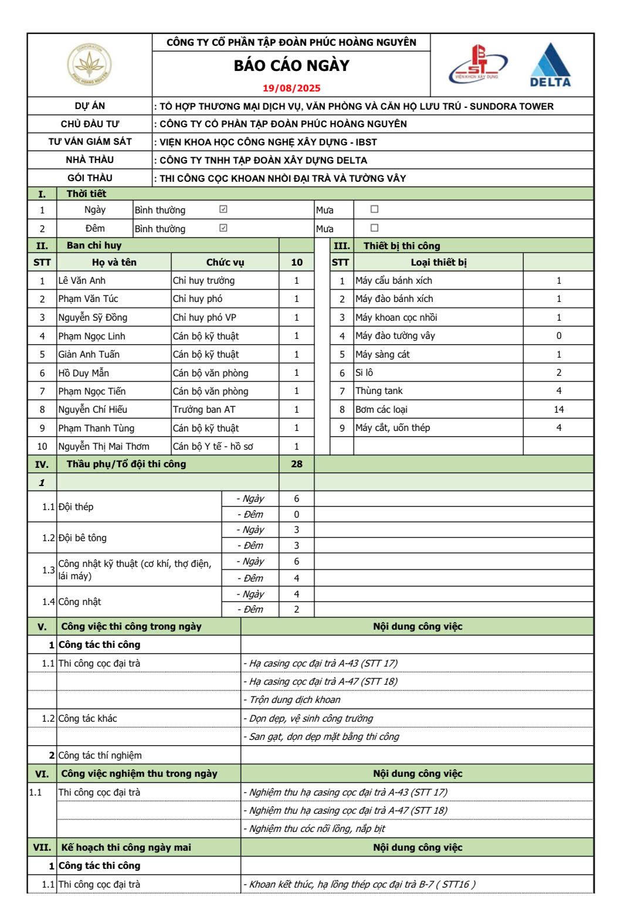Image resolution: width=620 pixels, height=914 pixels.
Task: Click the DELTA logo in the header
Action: point(550,65)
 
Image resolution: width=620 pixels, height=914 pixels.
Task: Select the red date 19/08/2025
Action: point(292,89)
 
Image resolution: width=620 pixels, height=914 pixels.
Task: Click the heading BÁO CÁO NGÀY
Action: point(292,66)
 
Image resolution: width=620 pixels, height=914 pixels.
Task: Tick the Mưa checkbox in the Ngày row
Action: point(374,209)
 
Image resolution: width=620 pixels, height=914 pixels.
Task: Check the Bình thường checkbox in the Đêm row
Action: point(223,228)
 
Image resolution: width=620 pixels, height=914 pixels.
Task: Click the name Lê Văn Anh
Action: point(82,281)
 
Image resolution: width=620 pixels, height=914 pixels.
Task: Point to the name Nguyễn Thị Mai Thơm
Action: point(104,446)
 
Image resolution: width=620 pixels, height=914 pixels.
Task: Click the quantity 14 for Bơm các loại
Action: point(558,409)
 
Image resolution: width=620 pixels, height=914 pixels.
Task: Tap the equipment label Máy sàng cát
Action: point(382,354)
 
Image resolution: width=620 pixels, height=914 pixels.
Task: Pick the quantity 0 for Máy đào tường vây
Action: point(558,336)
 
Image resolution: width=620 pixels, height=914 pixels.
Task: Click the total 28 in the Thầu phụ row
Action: point(296,464)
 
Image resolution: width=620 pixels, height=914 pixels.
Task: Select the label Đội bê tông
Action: point(83,538)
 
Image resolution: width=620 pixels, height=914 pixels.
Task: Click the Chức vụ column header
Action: point(225,263)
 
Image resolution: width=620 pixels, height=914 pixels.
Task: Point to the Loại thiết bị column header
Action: point(438,263)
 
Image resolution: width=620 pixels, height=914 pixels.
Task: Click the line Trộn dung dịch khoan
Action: point(294,699)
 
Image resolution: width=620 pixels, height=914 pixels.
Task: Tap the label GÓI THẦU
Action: point(90,178)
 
